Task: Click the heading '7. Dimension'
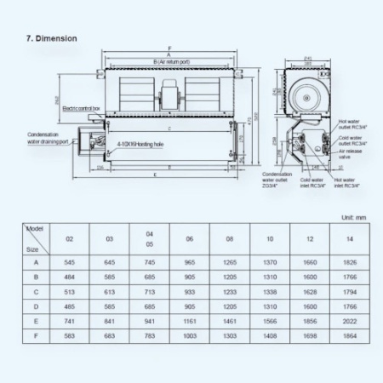(x=53, y=38)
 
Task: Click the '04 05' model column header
(x=149, y=240)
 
